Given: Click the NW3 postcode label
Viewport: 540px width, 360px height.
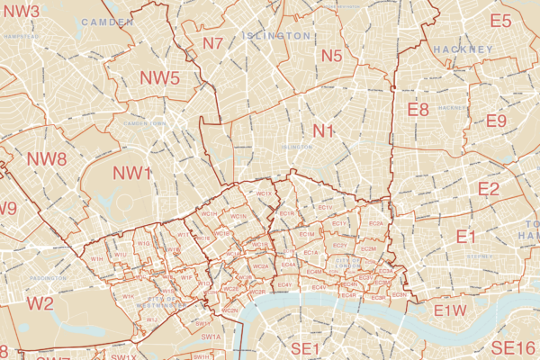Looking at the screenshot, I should coord(21,12).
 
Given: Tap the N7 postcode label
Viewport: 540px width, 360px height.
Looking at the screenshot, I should coord(213,42).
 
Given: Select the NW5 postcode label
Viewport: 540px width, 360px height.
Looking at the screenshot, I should coord(159,77).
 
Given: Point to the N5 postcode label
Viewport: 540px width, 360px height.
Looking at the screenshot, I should coord(331,56).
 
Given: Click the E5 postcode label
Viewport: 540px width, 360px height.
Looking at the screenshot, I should coord(500,21).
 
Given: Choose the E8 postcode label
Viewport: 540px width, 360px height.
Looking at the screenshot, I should coord(418,110).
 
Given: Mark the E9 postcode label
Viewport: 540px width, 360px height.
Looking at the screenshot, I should coord(496,121).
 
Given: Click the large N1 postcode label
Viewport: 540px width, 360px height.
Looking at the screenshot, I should coord(323,131).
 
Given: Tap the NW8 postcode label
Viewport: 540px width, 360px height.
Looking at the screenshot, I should coord(47,159).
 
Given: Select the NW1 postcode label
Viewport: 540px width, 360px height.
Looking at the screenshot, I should coord(131,172).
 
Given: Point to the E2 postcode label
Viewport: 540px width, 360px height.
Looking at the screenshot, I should coord(489,188).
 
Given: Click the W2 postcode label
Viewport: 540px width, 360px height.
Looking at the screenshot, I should coord(40,302).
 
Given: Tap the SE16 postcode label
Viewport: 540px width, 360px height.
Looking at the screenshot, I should coord(513,347).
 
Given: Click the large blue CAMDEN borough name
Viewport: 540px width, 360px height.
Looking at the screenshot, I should coord(106,21).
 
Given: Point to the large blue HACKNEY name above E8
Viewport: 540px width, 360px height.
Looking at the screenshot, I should coord(463,49).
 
